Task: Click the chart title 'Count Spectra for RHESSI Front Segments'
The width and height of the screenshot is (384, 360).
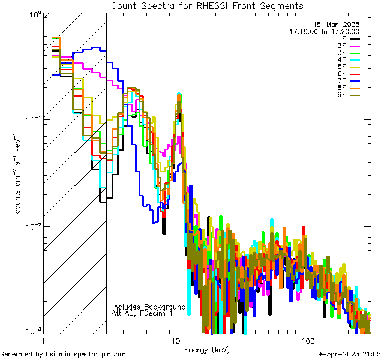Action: (x=207, y=6)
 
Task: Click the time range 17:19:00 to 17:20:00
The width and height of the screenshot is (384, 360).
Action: (x=325, y=31)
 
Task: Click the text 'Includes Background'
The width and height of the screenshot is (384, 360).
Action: (x=149, y=307)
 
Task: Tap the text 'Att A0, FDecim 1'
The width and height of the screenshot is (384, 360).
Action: (x=142, y=313)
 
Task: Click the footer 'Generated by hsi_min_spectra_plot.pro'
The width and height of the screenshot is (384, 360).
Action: (x=63, y=355)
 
